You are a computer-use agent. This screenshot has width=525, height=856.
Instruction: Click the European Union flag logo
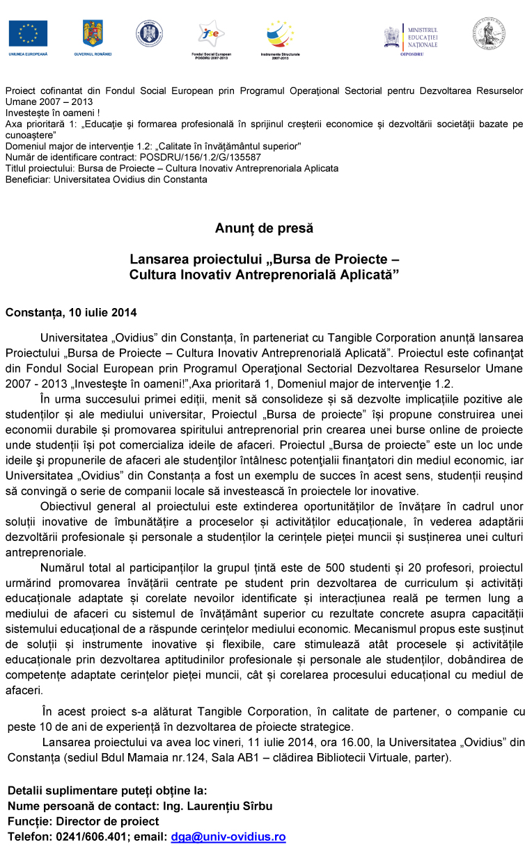(x=29, y=33)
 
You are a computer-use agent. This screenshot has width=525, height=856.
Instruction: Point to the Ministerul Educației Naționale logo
(x=413, y=36)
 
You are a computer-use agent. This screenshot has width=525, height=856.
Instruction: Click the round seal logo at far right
(x=489, y=33)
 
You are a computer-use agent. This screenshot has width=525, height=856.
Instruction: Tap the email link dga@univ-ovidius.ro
(x=228, y=837)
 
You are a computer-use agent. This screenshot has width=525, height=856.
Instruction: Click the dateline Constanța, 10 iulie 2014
(x=71, y=312)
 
